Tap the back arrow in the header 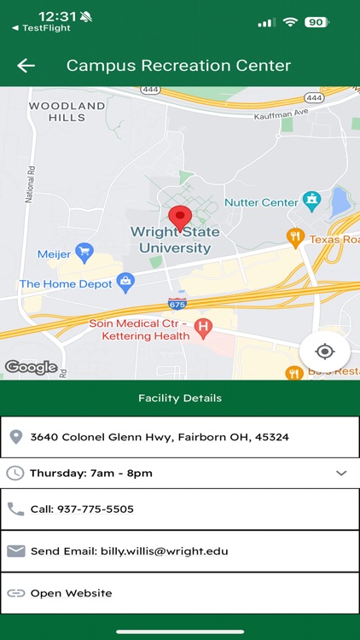[26, 66]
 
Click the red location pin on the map [179, 217]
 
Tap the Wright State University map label [174, 240]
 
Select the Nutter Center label [260, 202]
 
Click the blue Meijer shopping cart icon [84, 253]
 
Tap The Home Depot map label [66, 283]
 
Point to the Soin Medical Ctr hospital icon [203, 325]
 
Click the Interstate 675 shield [177, 302]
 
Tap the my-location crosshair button [324, 352]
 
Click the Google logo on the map [32, 368]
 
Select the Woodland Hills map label [67, 112]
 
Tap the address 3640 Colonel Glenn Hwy [160, 437]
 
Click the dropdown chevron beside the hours [341, 474]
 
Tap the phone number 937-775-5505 [95, 509]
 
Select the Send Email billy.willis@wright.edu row [129, 551]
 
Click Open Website [71, 593]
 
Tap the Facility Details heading [180, 398]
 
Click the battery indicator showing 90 [316, 22]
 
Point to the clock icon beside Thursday [15, 473]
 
